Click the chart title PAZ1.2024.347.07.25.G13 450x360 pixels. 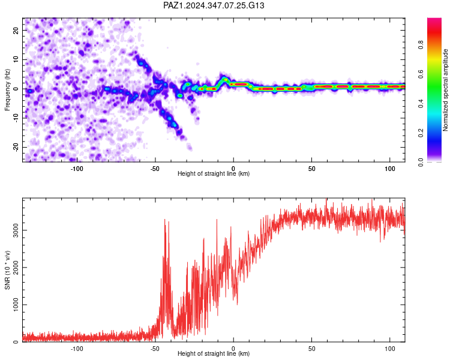coord(214,5)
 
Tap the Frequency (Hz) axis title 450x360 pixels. coord(7,90)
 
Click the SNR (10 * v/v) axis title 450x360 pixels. coord(7,270)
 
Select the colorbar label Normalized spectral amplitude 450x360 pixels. coord(445,90)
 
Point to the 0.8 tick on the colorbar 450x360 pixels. coord(421,45)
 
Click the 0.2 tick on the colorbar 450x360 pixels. coord(421,133)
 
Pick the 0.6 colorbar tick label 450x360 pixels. coord(421,74)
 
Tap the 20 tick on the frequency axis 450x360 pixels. coord(16,30)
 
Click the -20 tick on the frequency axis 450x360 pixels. coord(16,147)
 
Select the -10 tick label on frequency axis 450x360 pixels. coord(16,118)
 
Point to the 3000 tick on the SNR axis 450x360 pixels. coord(16,230)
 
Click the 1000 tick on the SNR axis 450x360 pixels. coord(16,305)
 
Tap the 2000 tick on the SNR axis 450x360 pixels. coord(16,267)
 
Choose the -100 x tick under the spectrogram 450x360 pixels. coord(77,169)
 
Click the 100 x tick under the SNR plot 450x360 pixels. coord(390,349)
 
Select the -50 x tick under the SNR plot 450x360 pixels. coord(155,349)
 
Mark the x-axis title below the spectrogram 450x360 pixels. coord(214,173)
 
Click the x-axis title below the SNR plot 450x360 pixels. coord(214,353)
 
